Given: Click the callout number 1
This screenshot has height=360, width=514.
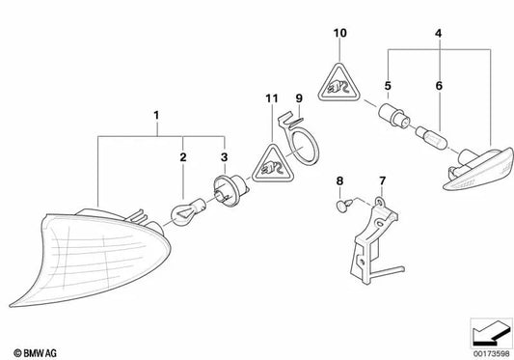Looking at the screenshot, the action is (156, 116).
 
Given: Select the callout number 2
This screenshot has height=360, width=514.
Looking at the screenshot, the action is (183, 157).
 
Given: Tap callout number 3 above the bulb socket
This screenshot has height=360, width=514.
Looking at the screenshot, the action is (225, 157).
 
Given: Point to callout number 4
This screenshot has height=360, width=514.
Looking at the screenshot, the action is (439, 33).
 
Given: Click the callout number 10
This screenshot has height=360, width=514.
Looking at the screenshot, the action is (340, 33).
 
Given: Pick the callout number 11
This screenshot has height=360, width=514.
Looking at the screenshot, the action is (272, 98).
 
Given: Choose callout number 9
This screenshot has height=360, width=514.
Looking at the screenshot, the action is (299, 98).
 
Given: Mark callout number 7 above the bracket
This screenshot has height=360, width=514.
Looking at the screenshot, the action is (383, 180).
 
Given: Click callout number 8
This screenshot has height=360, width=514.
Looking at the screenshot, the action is (339, 180).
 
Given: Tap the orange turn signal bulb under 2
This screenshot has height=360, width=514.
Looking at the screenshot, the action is (188, 212).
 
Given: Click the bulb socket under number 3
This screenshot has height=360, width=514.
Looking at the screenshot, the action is (231, 191).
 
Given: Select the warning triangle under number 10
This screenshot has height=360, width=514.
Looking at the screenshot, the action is (338, 83).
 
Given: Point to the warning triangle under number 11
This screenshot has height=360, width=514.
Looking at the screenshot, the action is (272, 164).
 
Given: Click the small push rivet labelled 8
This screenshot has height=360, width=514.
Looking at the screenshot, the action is (344, 206).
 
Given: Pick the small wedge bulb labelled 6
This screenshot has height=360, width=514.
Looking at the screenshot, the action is (431, 137).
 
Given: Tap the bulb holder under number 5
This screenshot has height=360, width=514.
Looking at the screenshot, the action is (394, 117).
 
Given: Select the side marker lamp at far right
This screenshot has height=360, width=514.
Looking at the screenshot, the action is (478, 169).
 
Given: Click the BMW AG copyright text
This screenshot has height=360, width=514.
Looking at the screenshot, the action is (35, 353).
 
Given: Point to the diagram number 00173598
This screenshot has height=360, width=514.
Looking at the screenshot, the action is (492, 354).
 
